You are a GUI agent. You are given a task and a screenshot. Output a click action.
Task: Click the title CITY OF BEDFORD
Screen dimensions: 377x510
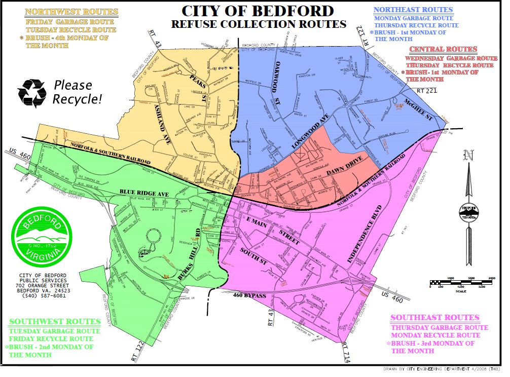(x=259, y=11)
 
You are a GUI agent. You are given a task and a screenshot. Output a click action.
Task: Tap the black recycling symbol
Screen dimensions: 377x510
(x=32, y=93)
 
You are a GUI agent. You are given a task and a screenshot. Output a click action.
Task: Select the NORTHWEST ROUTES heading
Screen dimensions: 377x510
(x=71, y=12)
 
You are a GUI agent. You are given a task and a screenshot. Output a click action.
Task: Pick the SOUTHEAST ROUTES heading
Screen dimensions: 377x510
(x=434, y=318)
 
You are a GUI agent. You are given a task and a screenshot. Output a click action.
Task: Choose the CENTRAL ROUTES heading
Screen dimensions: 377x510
(x=443, y=49)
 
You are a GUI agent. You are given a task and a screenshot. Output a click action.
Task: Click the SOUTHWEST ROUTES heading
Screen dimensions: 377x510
(x=55, y=321)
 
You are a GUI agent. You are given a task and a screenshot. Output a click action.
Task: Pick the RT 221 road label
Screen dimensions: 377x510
(x=427, y=90)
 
